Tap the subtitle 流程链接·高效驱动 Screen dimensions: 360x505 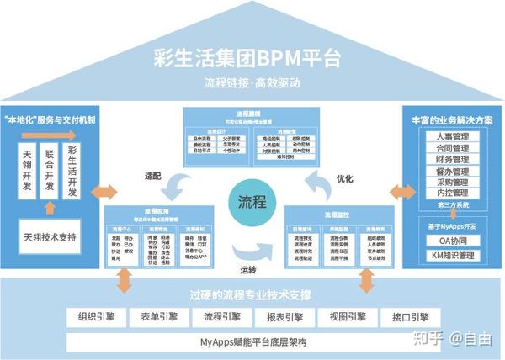pyautogui.click(x=251, y=83)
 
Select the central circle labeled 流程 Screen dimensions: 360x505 pyautogui.click(x=251, y=203)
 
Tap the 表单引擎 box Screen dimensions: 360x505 pyautogui.click(x=156, y=317)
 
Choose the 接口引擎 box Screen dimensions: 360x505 pyautogui.click(x=407, y=317)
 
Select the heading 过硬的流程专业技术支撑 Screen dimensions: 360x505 pyautogui.click(x=251, y=295)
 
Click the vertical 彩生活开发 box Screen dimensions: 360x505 pyautogui.click(x=72, y=172)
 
